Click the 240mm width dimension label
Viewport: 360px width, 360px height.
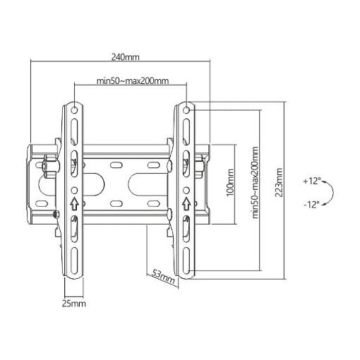point(125,57)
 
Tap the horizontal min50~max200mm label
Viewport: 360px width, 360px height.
point(133,80)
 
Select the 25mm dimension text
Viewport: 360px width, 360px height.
point(73,304)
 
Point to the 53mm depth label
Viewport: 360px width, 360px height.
point(164,277)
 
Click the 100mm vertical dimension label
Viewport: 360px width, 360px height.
point(230,183)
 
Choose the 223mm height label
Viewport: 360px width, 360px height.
point(279,183)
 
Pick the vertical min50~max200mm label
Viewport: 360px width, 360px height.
point(255,183)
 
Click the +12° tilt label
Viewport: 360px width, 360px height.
point(312,181)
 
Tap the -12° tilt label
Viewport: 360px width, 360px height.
point(311,204)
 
